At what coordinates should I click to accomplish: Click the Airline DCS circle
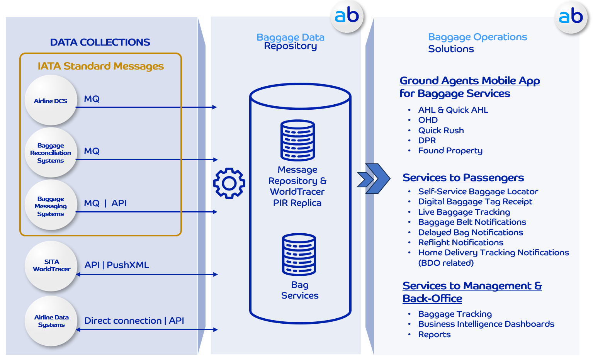(x=51, y=100)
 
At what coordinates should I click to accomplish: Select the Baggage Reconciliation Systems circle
(x=51, y=153)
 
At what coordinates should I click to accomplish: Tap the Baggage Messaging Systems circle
(x=51, y=206)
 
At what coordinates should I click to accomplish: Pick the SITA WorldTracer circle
(x=51, y=265)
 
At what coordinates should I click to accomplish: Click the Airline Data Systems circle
(x=51, y=321)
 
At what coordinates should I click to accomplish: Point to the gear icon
(x=229, y=183)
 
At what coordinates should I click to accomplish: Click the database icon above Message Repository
(x=297, y=140)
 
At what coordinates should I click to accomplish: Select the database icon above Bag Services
(x=299, y=254)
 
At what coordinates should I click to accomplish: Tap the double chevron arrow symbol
(x=373, y=178)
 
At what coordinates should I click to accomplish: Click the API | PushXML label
(x=117, y=265)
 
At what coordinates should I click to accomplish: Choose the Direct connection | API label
(x=134, y=321)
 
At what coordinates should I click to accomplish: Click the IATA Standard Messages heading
(x=100, y=66)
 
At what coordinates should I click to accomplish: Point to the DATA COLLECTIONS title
(x=100, y=42)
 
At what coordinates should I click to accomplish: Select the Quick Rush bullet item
(x=441, y=131)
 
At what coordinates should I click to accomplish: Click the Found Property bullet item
(x=450, y=151)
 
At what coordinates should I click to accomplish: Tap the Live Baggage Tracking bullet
(x=464, y=212)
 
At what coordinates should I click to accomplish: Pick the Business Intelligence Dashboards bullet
(x=486, y=324)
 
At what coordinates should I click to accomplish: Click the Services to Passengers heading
(x=463, y=178)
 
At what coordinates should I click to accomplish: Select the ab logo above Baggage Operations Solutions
(x=571, y=17)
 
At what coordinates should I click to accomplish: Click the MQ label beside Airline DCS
(x=92, y=99)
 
